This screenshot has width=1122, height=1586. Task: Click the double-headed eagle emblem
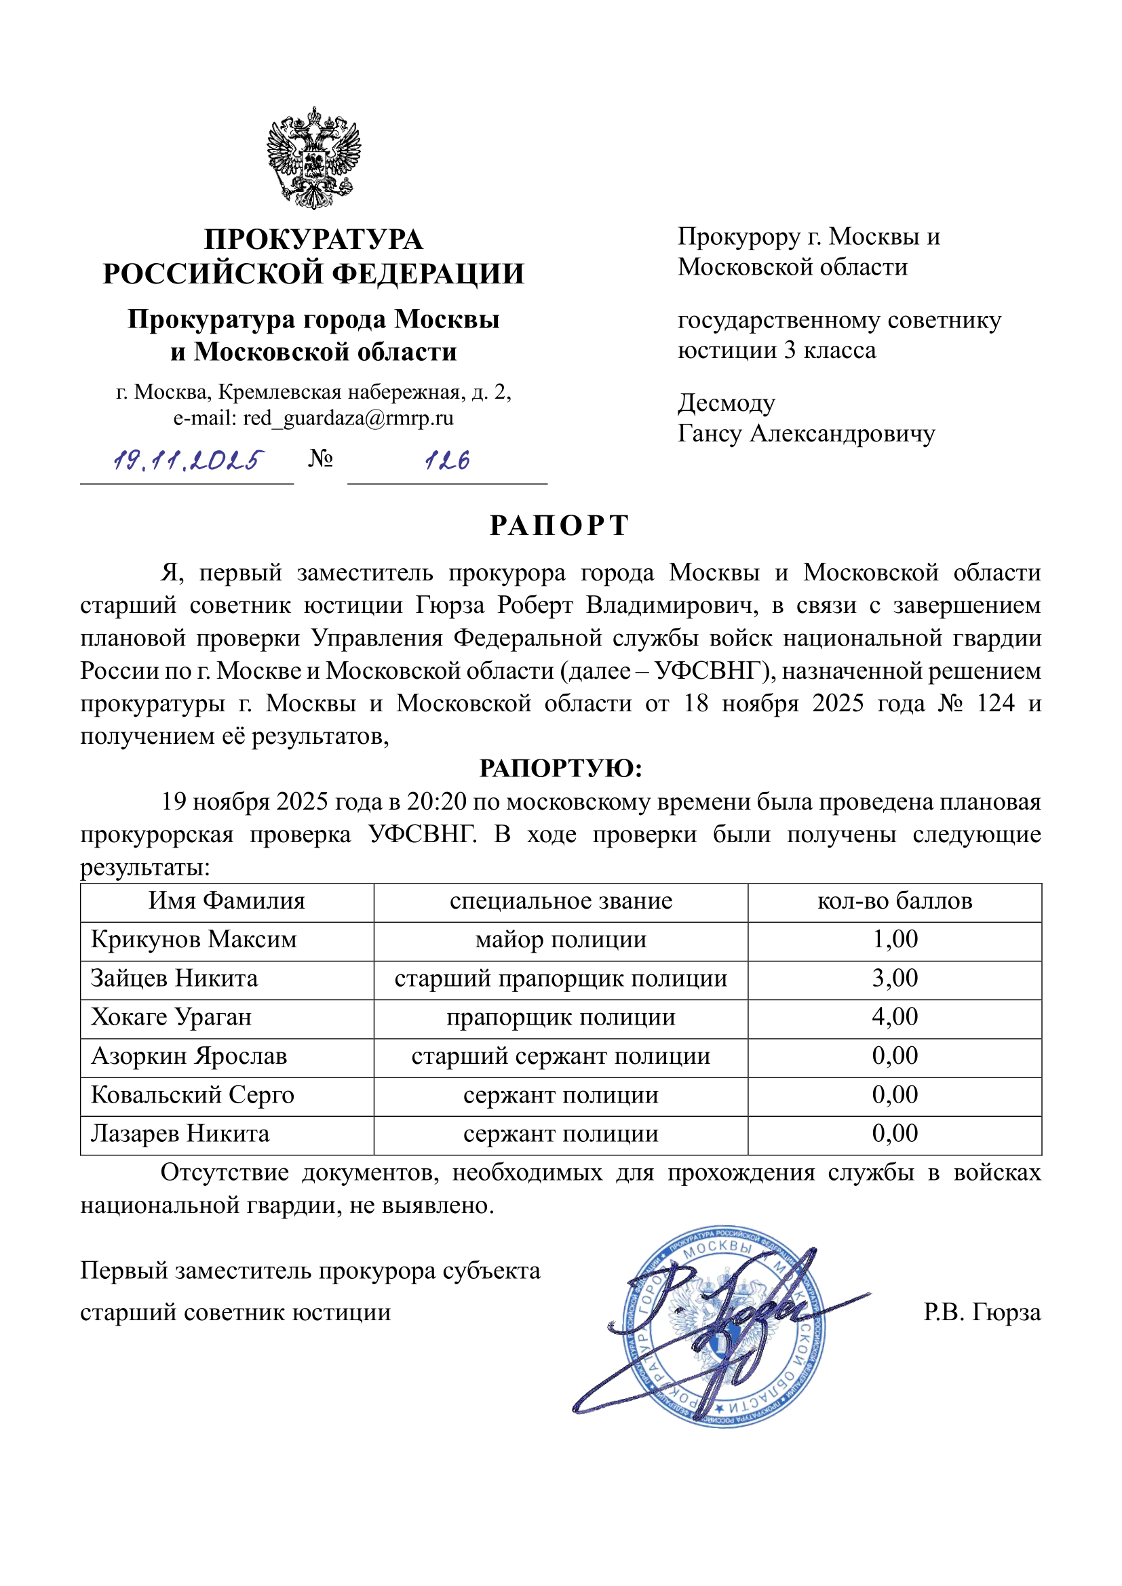coord(313,158)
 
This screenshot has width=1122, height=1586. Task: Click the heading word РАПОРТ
coord(560,526)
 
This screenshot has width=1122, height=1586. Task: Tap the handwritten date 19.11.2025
coord(188,460)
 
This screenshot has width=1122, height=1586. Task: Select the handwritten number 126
coord(447,460)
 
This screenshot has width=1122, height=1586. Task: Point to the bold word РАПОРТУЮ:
coord(560,768)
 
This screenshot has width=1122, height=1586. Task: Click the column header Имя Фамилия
coord(227,901)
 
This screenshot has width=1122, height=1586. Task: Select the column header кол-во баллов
coord(894,901)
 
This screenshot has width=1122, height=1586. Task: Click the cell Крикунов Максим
coord(193,940)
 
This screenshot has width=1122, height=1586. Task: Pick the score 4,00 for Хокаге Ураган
coord(894,1017)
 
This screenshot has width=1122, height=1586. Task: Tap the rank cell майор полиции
coord(560,940)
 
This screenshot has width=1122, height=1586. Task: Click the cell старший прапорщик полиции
coord(560,979)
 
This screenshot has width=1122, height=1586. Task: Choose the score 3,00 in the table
coord(894,978)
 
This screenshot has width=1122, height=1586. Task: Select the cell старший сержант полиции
coord(560,1056)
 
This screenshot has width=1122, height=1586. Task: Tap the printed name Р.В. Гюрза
coord(981,1313)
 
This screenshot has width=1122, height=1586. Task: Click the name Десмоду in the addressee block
coord(726,403)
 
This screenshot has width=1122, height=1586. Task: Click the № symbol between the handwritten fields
coord(321,458)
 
